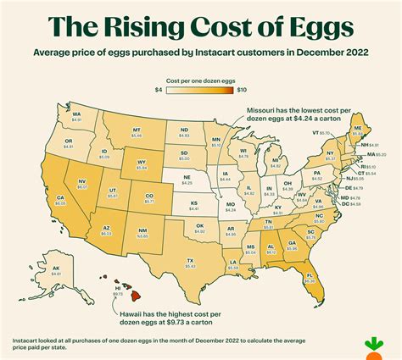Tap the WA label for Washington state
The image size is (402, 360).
75,114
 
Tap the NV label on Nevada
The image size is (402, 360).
83,181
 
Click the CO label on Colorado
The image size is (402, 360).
149,197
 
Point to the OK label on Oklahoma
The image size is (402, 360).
199,225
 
